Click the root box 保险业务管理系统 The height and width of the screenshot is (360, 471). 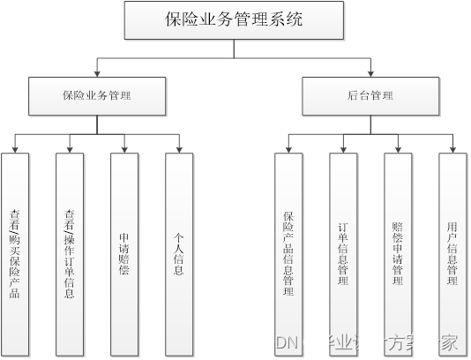tap(234, 20)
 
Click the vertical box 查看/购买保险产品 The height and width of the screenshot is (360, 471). tap(15, 252)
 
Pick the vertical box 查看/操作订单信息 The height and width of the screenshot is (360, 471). tap(70, 252)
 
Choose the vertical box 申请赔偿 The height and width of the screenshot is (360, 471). tap(124, 252)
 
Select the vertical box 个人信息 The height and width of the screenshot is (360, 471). tap(179, 252)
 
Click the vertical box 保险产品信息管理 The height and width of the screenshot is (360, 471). tap(288, 252)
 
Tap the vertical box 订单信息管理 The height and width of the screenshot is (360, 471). tap(343, 252)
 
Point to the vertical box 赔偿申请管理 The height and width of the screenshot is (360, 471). tap(398, 252)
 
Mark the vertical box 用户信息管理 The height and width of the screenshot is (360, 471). tap(452, 252)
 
